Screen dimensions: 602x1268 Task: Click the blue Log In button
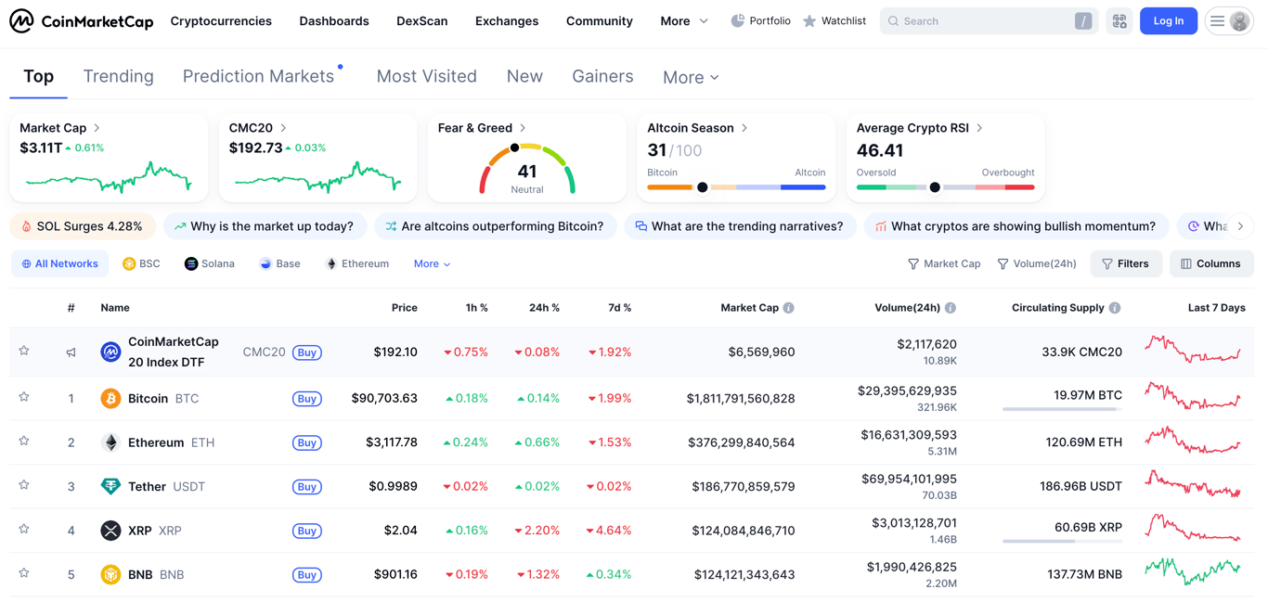(1168, 20)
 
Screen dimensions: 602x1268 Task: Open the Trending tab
(118, 77)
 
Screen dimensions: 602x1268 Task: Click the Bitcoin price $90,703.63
(384, 399)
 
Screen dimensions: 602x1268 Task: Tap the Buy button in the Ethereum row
(307, 443)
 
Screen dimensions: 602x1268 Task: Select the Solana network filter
(210, 264)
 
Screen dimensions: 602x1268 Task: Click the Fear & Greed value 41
(527, 172)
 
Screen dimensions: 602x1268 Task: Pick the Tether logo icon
(110, 487)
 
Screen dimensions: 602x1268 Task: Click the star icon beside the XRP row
(24, 530)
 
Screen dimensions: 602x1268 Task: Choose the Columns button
(1211, 264)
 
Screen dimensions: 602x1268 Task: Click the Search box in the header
(979, 20)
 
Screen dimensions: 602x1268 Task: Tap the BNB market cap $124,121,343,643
(744, 575)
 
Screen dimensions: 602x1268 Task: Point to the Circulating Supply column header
(1057, 308)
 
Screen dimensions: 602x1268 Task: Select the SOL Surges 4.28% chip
(83, 226)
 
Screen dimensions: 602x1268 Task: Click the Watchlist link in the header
(835, 20)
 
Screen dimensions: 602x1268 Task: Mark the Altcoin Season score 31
(657, 150)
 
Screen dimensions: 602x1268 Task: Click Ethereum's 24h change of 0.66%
(538, 443)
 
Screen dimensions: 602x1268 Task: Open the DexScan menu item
(421, 20)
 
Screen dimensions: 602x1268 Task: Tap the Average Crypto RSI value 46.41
(880, 151)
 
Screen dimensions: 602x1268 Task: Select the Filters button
(1126, 264)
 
